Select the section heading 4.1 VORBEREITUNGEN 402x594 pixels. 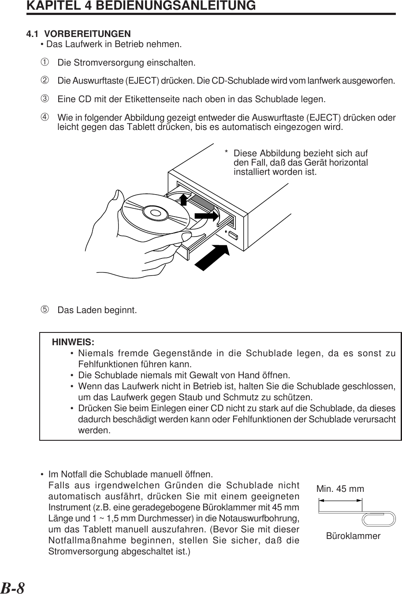tap(78, 34)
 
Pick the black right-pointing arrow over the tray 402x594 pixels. tap(206, 216)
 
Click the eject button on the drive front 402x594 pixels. tap(233, 234)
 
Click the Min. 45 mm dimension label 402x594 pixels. tap(340, 489)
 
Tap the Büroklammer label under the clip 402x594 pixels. tap(353, 536)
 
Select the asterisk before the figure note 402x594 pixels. tap(226, 153)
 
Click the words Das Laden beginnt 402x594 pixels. tap(97, 310)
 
